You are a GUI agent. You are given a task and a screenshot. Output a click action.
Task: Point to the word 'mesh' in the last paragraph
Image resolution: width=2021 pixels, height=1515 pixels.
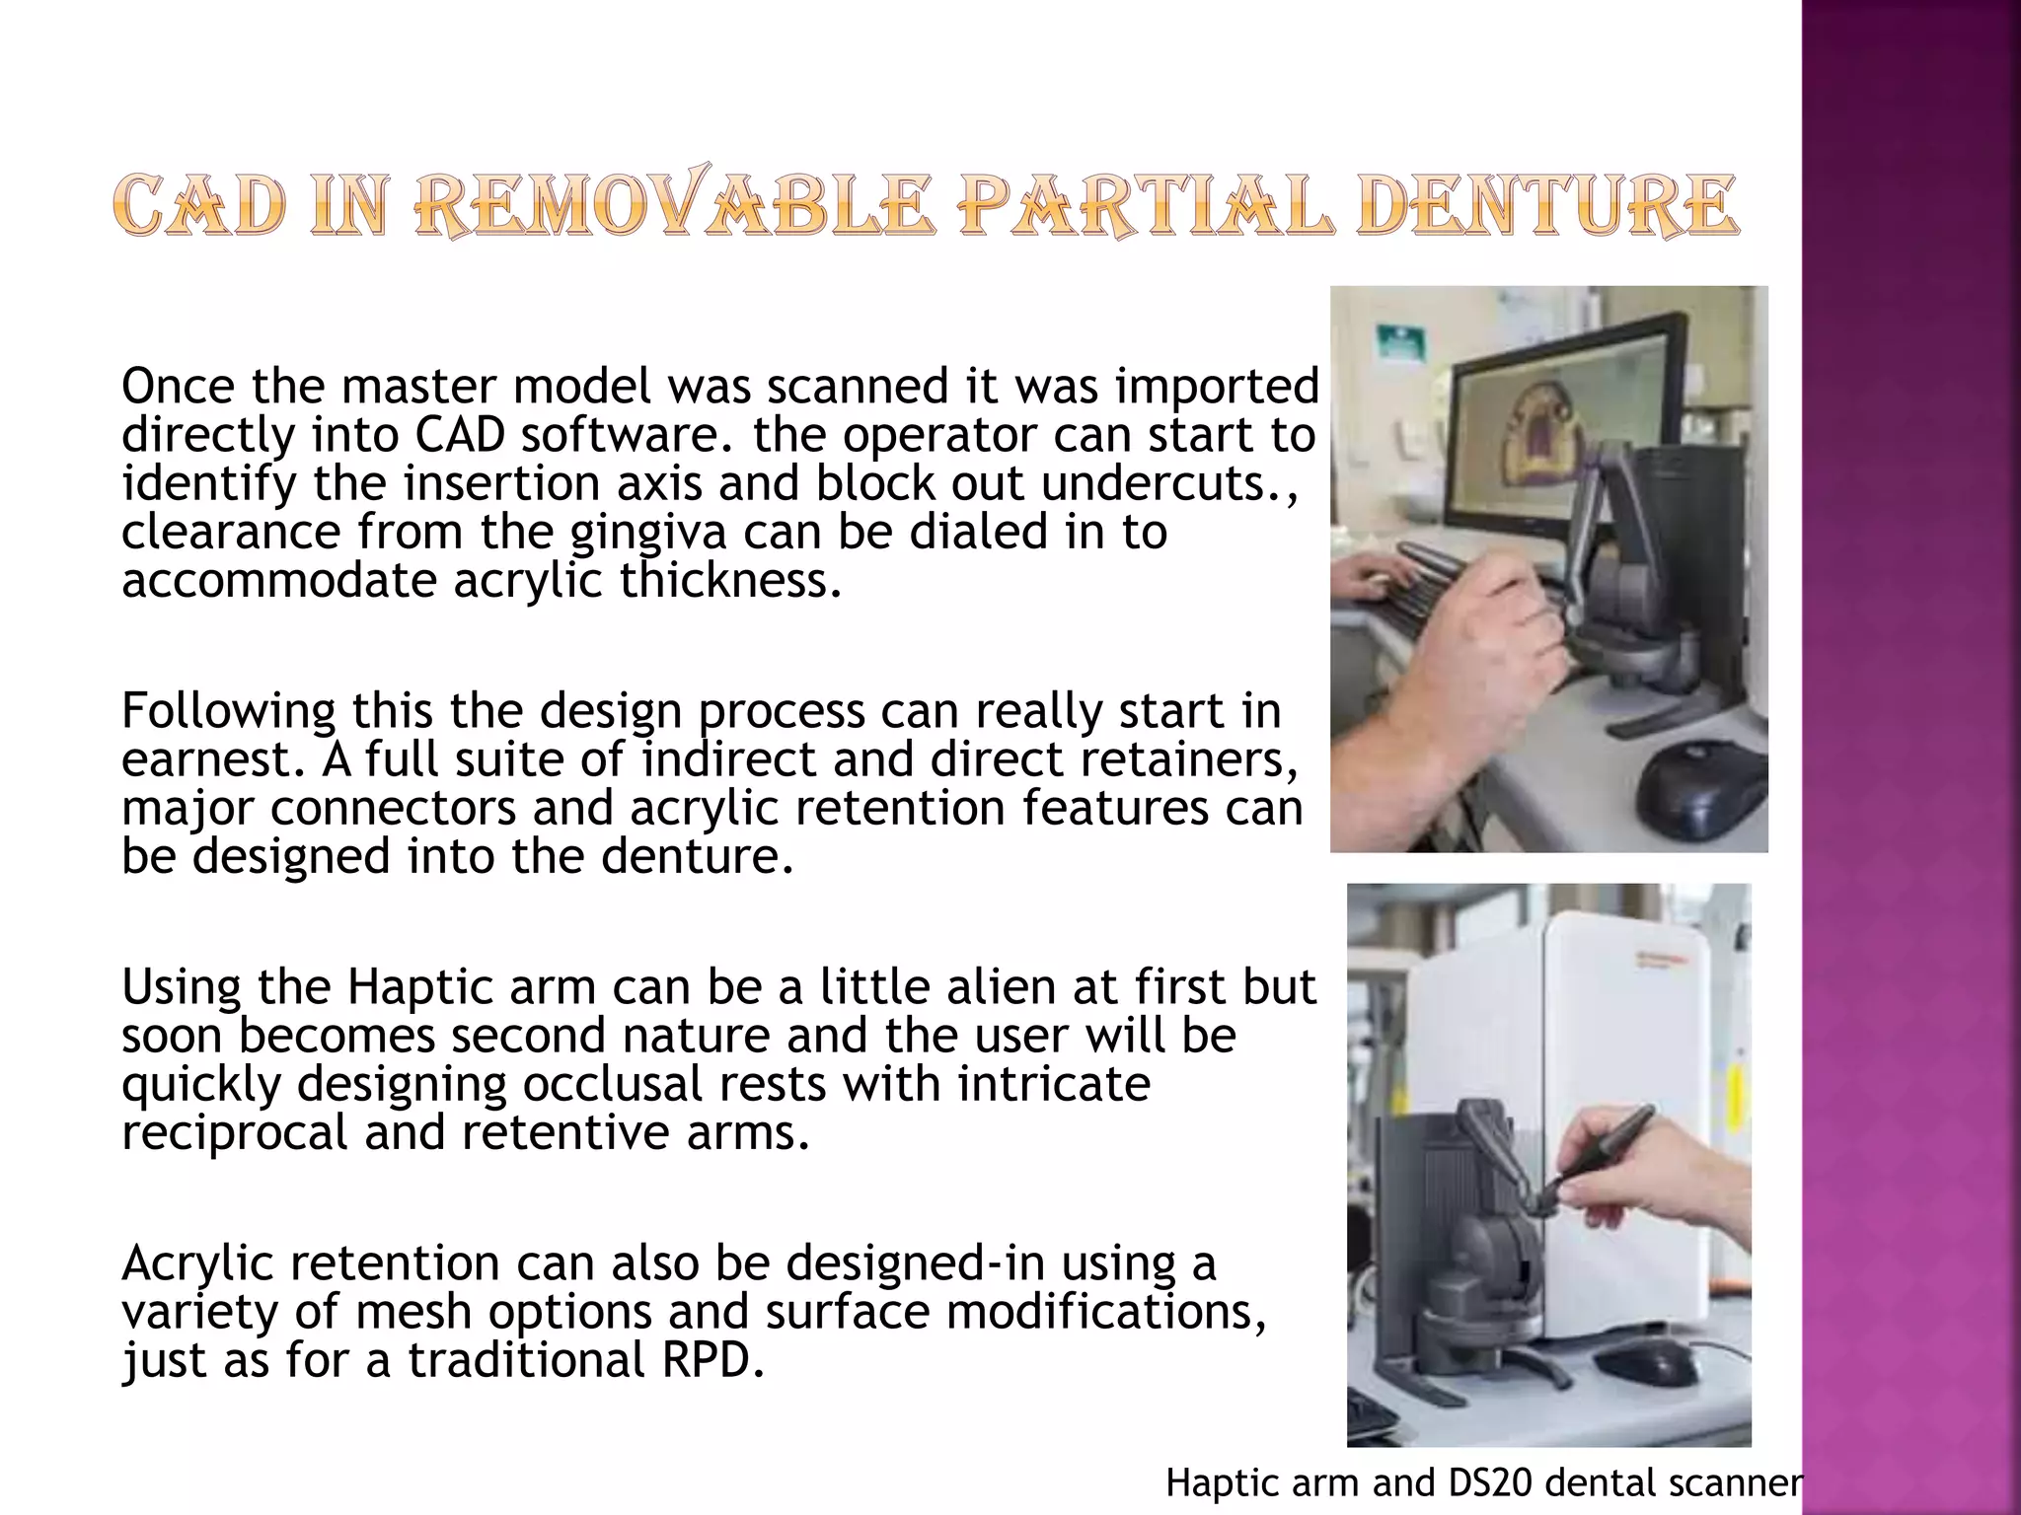click(x=414, y=1312)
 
